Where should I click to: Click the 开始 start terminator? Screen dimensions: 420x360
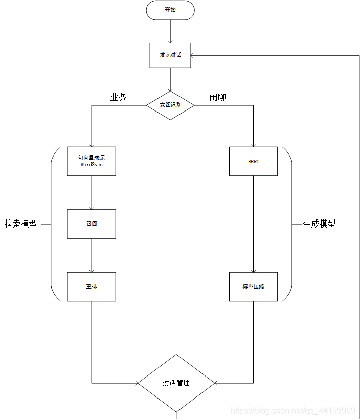pyautogui.click(x=170, y=10)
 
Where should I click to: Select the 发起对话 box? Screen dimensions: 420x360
pyautogui.click(x=170, y=55)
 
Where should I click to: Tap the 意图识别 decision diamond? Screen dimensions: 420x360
pyautogui.click(x=170, y=105)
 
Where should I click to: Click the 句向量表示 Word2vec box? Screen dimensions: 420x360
pyautogui.click(x=92, y=161)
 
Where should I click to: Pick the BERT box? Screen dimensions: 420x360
pyautogui.click(x=253, y=161)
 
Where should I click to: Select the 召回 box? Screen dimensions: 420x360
pyautogui.click(x=92, y=224)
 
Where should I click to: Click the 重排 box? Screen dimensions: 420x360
pyautogui.click(x=92, y=286)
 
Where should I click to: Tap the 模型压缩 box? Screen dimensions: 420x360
pyautogui.click(x=253, y=286)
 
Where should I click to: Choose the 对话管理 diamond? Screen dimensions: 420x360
pyautogui.click(x=176, y=383)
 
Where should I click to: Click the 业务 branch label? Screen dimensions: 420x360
pyautogui.click(x=118, y=98)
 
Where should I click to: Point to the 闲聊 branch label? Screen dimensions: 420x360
pyautogui.click(x=218, y=98)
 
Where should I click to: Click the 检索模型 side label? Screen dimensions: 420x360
pyautogui.click(x=21, y=224)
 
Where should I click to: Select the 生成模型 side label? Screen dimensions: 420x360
pyautogui.click(x=319, y=224)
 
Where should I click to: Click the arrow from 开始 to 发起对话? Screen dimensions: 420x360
pyautogui.click(x=170, y=32)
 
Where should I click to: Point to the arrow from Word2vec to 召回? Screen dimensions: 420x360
pyautogui.click(x=92, y=193)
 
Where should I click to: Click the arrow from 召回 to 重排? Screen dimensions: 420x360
pyautogui.click(x=92, y=255)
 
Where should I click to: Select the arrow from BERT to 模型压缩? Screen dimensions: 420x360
pyautogui.click(x=253, y=224)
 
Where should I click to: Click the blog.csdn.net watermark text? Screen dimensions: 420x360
pyautogui.click(x=293, y=411)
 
